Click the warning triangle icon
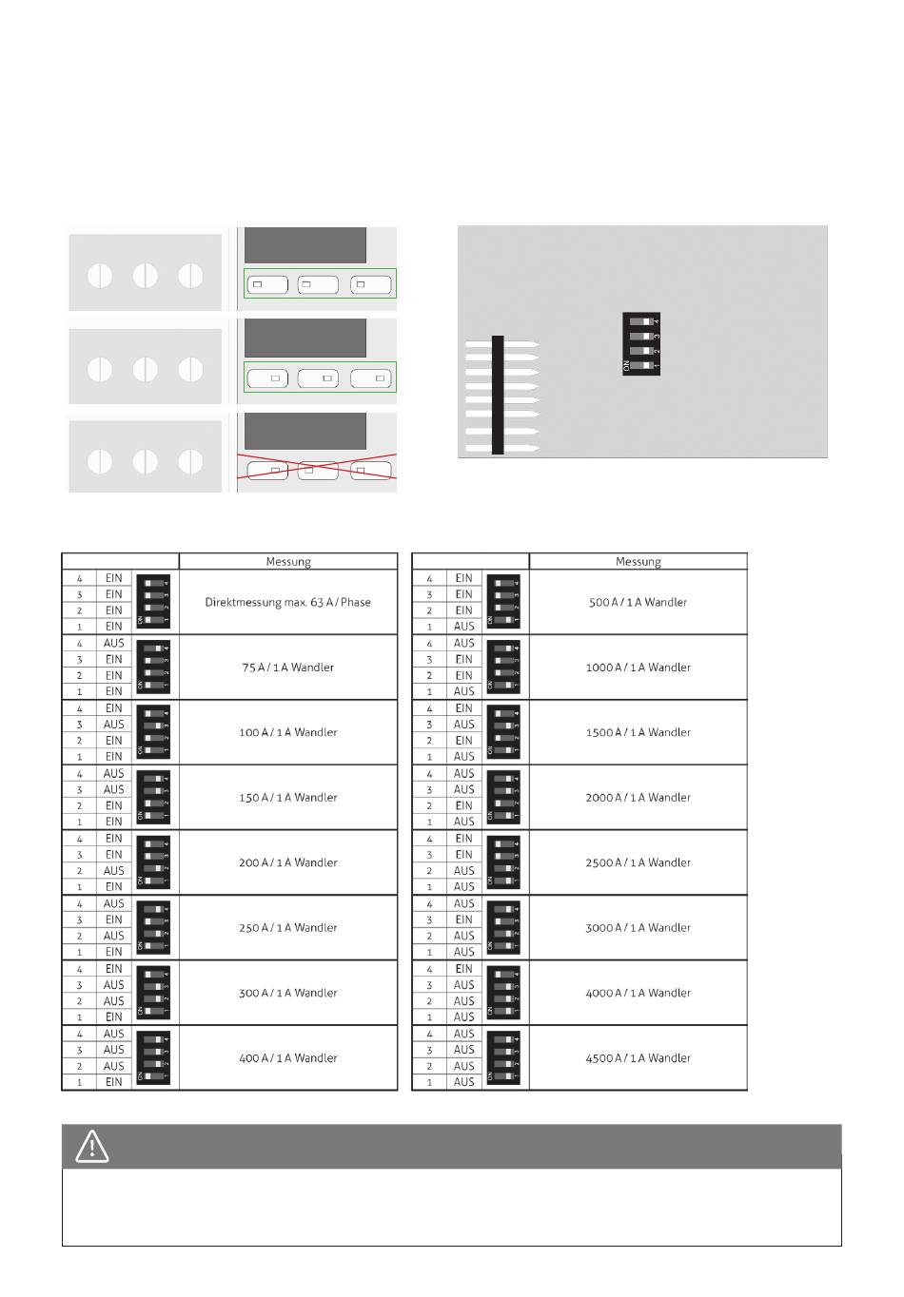coord(92,1147)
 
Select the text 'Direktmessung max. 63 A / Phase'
coord(288,602)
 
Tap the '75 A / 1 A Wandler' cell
coord(288,668)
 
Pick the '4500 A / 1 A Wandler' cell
coord(639,1058)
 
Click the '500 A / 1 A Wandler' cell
coord(639,602)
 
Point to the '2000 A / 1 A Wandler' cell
coord(639,798)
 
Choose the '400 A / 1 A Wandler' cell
coord(288,1058)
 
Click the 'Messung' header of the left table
coord(288,562)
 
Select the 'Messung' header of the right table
coord(639,562)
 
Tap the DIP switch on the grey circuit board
coord(642,344)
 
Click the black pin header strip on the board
coord(498,395)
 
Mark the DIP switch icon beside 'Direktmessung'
coord(154,602)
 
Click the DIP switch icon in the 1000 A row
coord(504,668)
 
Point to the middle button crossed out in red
coord(319,470)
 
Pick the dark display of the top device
coord(305,245)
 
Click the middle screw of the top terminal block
coord(145,276)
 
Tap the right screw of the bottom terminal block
coord(191,461)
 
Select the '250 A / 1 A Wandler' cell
coord(288,928)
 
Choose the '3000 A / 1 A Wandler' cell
coord(639,928)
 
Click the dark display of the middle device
coord(305,338)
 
